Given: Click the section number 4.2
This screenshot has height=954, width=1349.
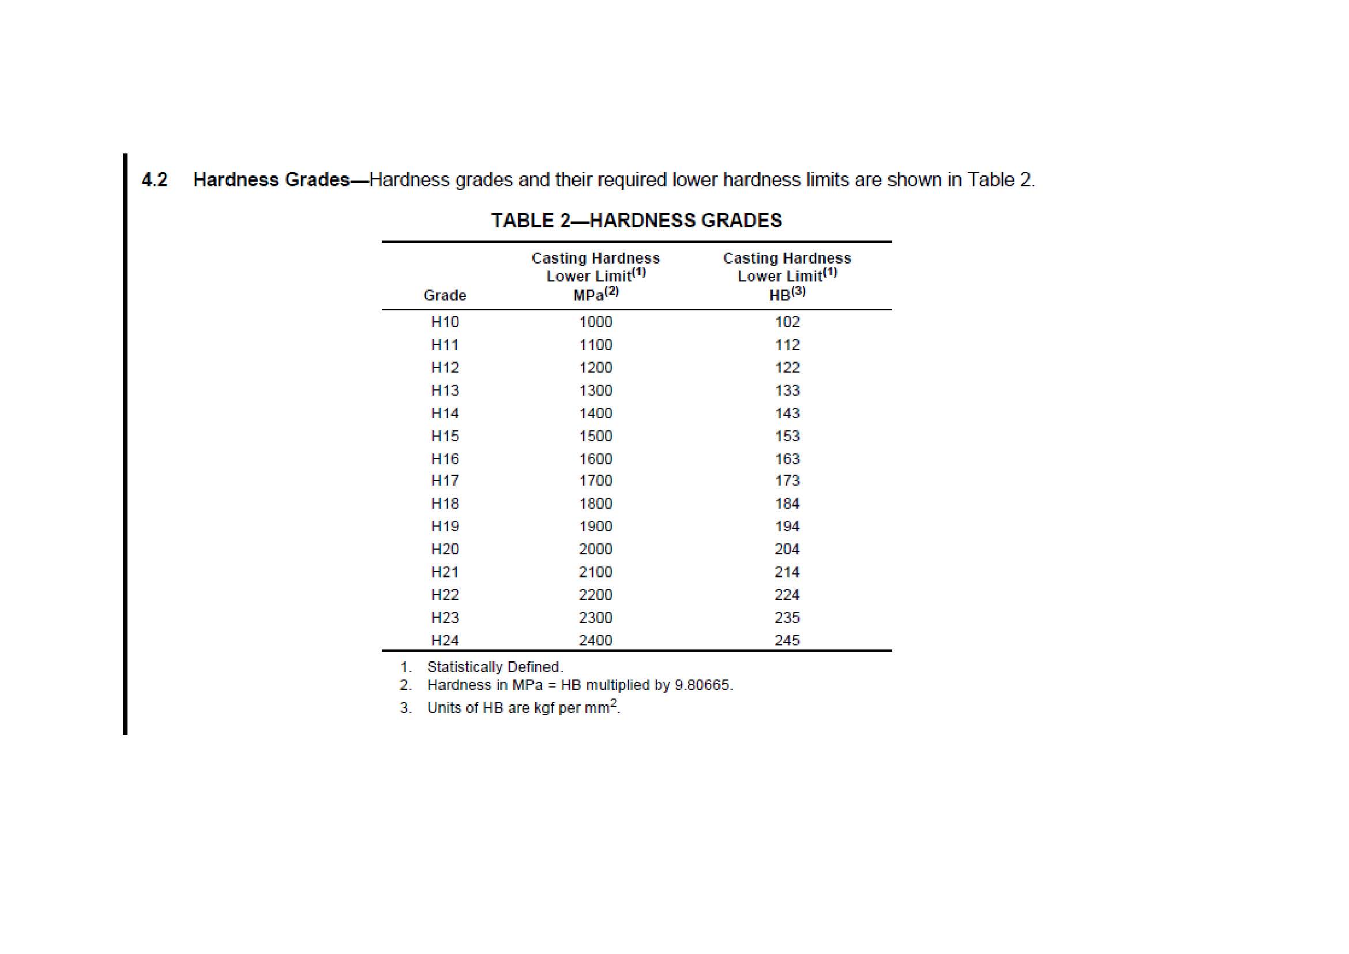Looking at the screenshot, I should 155,180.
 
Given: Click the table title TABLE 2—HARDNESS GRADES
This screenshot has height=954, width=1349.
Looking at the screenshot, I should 636,220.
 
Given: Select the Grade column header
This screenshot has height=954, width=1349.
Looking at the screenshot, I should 445,295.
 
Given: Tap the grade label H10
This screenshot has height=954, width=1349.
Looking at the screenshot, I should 445,322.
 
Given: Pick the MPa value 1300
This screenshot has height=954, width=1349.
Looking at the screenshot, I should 595,390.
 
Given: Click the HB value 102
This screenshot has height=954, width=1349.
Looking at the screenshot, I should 787,322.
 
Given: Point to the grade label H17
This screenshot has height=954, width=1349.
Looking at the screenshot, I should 445,480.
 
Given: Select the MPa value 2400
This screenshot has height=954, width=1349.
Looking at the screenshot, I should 595,640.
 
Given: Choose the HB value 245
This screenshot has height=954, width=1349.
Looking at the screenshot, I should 787,640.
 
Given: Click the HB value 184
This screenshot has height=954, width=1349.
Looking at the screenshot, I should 787,504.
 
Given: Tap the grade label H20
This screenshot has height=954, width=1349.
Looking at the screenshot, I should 445,549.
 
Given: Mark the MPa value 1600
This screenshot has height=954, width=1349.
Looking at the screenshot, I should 595,459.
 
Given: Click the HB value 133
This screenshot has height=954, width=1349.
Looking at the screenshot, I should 787,390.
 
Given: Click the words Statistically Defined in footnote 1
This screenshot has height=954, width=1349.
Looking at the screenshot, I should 495,667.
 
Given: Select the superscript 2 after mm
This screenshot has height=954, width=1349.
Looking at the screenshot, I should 614,703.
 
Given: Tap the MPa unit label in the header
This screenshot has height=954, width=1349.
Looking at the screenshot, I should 588,295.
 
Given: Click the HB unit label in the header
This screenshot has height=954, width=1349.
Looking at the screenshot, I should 780,295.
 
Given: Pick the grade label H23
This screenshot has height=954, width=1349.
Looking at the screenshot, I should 445,617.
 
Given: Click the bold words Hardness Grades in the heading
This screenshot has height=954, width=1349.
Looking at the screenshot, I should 272,180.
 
